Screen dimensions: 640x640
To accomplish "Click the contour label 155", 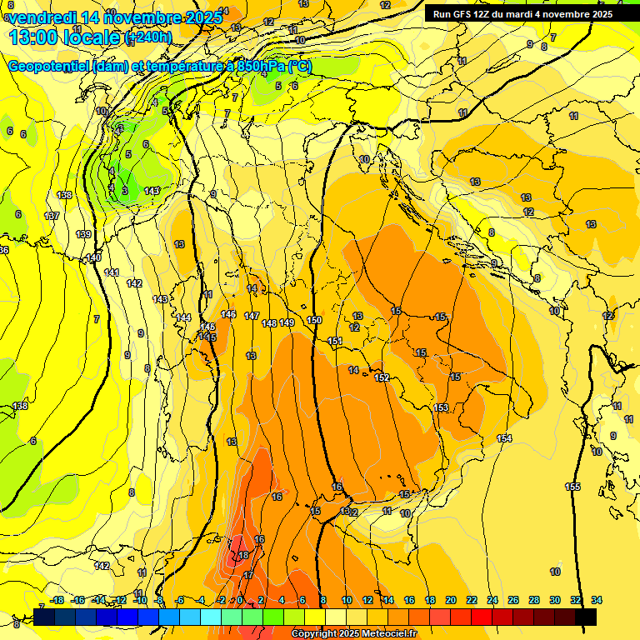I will [572, 487].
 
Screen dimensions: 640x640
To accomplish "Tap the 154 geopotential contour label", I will [503, 438].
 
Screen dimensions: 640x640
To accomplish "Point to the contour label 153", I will [441, 407].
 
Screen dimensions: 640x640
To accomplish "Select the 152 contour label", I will [382, 377].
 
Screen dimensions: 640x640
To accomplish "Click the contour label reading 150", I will [314, 320].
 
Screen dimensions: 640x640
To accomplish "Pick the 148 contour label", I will [269, 323].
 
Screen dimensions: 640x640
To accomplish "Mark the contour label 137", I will [52, 216].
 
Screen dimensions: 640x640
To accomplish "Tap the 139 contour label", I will [83, 234].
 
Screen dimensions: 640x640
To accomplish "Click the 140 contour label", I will [93, 258].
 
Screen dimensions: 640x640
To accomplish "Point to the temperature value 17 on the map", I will [248, 575].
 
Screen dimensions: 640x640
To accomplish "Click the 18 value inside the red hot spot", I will [243, 555].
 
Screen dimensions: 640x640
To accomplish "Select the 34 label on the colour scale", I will [597, 600].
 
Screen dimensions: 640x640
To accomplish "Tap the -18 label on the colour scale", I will [57, 600].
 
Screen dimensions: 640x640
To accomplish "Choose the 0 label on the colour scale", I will [240, 600].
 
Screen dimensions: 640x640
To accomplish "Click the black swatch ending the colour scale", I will [586, 617].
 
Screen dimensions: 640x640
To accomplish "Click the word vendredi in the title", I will [42, 17].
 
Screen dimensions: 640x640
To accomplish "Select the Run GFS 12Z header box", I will [522, 14].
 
